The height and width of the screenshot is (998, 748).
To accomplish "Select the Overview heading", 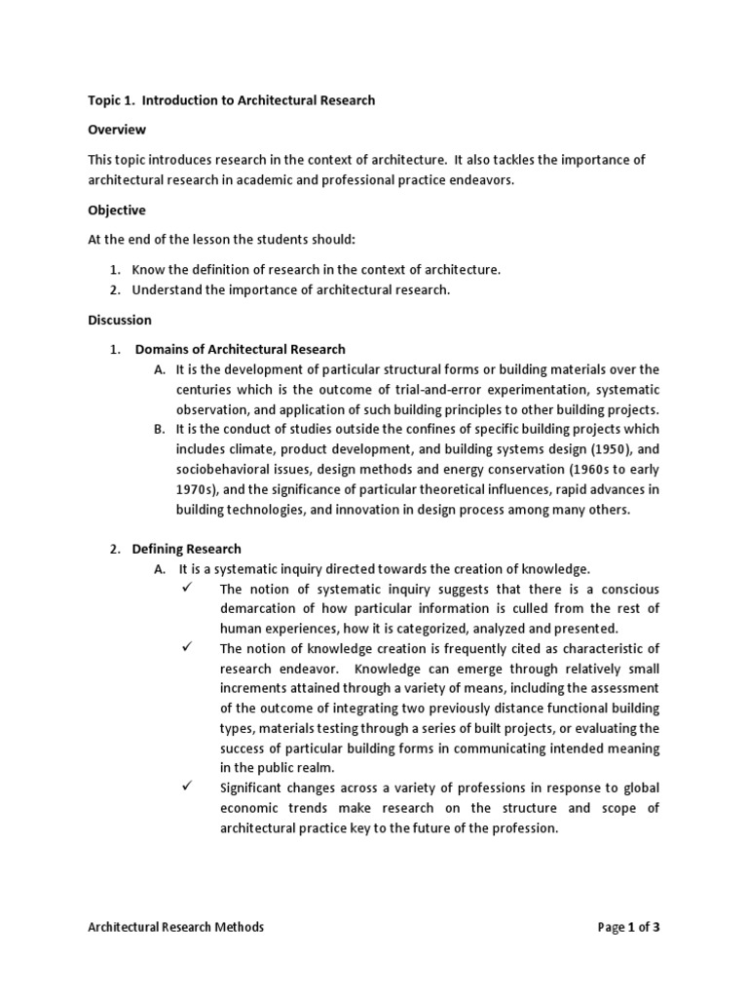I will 117,130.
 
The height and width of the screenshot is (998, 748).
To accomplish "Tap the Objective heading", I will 117,211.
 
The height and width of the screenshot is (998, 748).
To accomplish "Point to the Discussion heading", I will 120,320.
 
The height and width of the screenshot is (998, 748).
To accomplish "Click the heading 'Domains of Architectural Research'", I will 240,349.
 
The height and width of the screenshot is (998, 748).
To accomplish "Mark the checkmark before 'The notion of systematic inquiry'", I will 187,589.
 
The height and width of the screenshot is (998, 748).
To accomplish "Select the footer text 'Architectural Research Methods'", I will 175,928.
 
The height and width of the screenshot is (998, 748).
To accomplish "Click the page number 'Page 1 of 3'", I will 628,928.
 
